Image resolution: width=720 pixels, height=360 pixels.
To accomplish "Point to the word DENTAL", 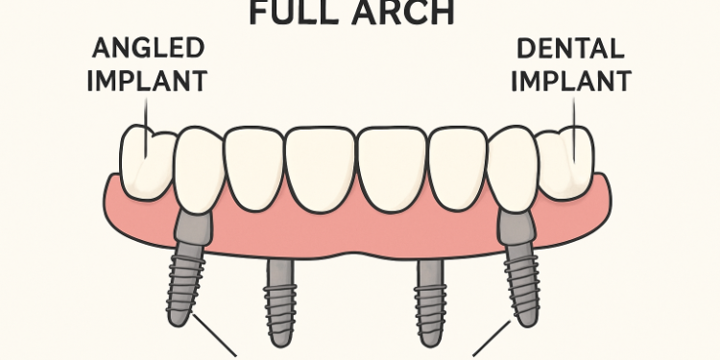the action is pos(573,48).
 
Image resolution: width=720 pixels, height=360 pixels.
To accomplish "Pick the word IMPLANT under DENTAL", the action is pos(573,78).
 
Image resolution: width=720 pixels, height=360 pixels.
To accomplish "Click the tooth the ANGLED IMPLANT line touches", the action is pos(145,158).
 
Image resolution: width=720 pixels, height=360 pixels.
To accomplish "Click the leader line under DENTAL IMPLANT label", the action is pos(575,115).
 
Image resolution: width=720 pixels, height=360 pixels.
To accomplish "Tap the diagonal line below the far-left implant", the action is pos(216,335).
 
